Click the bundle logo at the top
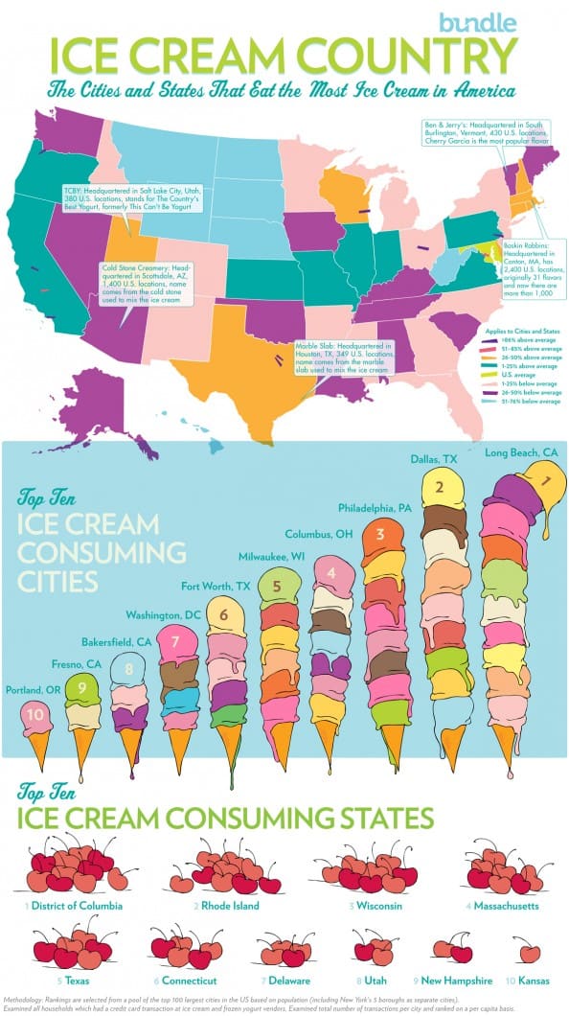point(477,21)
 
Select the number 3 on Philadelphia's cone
point(380,534)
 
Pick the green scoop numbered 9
point(82,686)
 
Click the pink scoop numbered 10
point(35,714)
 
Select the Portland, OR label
point(34,688)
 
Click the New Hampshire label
point(456,981)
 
